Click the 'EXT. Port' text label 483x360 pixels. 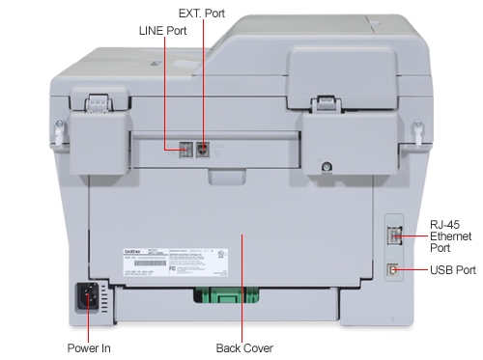click(x=201, y=12)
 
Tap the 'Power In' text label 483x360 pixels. click(x=89, y=347)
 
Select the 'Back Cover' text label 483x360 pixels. click(x=243, y=347)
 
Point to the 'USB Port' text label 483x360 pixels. click(x=452, y=271)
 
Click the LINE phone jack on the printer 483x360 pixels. click(x=184, y=149)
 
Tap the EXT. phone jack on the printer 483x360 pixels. click(x=202, y=149)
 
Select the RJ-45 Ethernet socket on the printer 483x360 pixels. click(x=393, y=233)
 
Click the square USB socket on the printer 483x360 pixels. click(x=393, y=270)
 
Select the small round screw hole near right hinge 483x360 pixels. click(x=328, y=165)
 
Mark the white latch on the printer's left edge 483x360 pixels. click(x=61, y=128)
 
